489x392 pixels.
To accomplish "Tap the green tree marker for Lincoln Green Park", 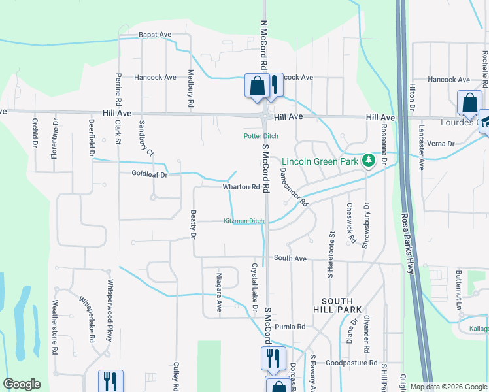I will pos(369,160).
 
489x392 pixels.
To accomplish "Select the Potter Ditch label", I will pos(261,136).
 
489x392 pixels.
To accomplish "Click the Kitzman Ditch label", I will pos(244,221).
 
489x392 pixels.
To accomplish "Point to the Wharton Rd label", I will pos(241,187).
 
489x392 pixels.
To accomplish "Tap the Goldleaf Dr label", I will pos(150,174).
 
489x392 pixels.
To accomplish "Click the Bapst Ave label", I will pos(154,35).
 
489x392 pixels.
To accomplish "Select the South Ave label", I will pos(290,259).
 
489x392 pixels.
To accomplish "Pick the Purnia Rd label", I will pos(290,327).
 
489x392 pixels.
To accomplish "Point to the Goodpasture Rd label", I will pos(352,362).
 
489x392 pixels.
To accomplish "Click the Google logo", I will pos(22,385).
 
